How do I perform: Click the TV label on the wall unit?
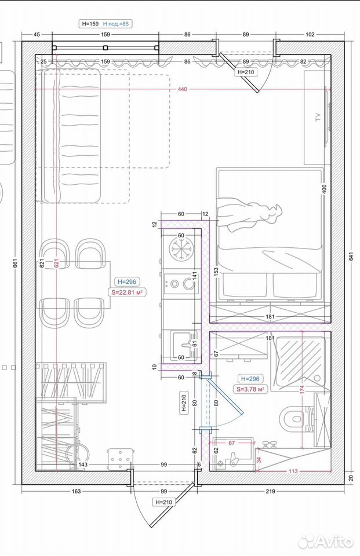[x=318, y=117]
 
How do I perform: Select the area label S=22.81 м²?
[x=127, y=292]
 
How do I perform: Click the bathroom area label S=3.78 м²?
[x=250, y=389]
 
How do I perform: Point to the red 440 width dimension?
[x=182, y=89]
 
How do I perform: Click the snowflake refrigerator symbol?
[x=181, y=248]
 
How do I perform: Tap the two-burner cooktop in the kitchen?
[x=180, y=284]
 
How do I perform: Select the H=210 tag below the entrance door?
[x=163, y=502]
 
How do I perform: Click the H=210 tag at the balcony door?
[x=246, y=72]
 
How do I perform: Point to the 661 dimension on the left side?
[x=15, y=264]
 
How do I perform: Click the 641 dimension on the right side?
[x=351, y=256]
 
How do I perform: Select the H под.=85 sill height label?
[x=116, y=24]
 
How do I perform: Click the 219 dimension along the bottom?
[x=270, y=491]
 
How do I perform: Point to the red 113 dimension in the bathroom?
[x=293, y=471]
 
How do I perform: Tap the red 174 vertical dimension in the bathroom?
[x=302, y=389]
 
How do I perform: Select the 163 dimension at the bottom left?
[x=77, y=491]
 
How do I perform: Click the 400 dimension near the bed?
[x=323, y=189]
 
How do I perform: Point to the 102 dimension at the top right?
[x=310, y=34]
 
